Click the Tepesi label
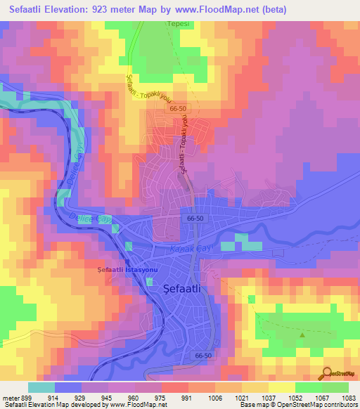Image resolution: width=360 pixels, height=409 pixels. point(160,25)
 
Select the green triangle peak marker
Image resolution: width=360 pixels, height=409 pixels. point(302,335)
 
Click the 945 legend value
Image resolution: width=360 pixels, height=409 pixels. point(108,397)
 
